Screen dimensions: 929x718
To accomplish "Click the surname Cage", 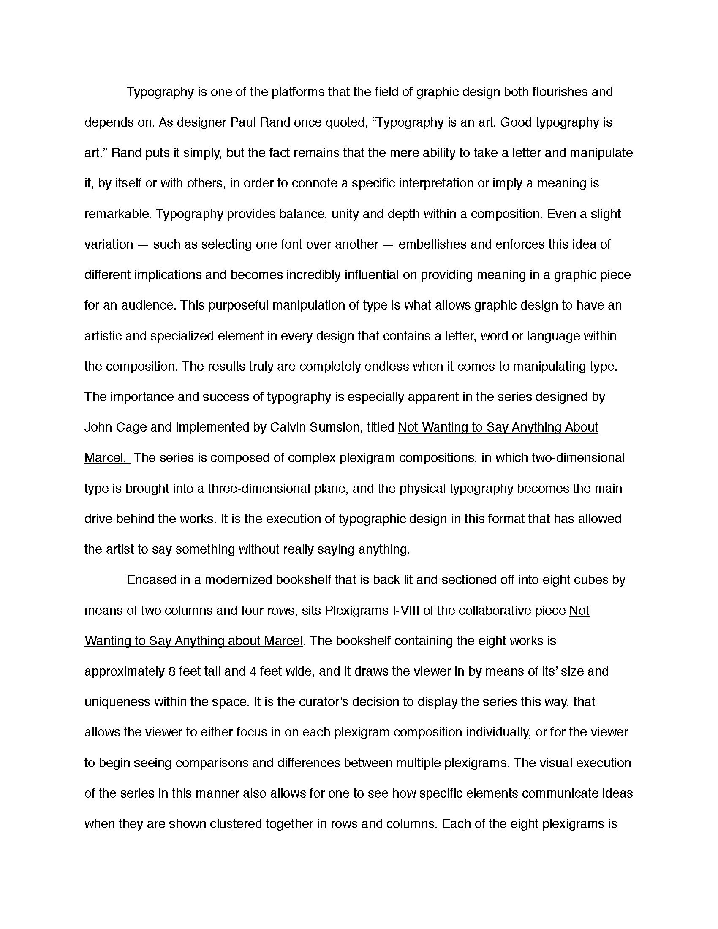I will click(131, 427).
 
